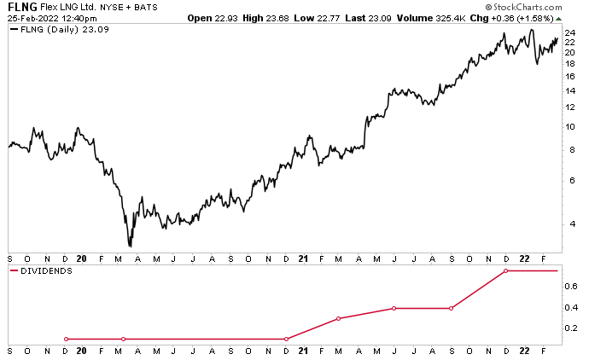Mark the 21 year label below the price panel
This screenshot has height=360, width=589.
[x=306, y=258]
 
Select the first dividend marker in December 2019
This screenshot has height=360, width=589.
[x=66, y=339]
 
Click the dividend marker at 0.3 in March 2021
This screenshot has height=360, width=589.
[x=339, y=318]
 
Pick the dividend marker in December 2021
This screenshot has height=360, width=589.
[x=505, y=270]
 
